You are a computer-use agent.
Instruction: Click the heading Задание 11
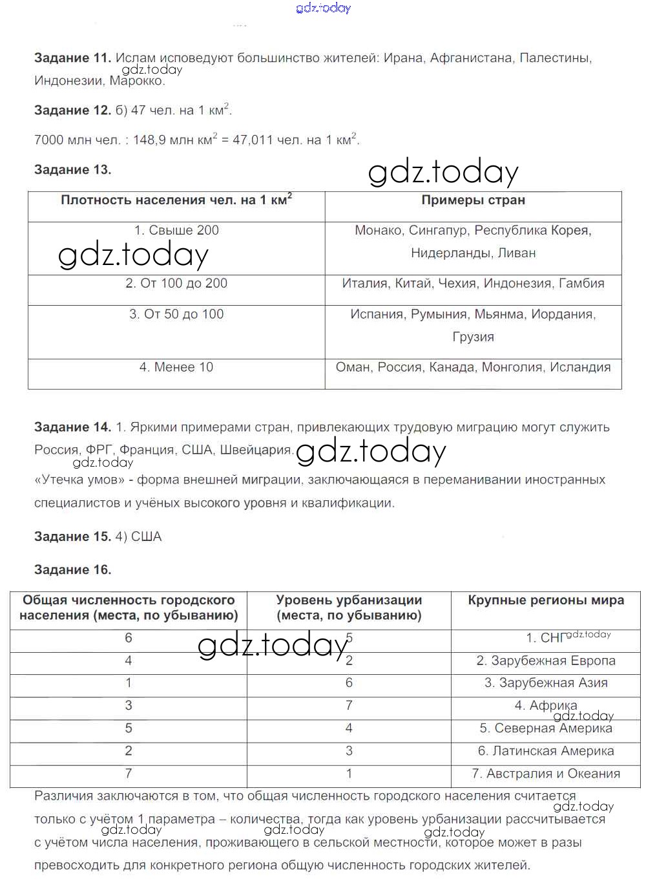72,58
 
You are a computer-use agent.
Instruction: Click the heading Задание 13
72,170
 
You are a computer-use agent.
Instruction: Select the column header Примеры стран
473,200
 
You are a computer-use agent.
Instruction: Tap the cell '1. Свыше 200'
176,231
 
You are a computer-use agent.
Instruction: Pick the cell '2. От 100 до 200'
176,284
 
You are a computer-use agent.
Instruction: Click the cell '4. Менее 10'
176,368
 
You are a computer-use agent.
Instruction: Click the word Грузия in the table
473,337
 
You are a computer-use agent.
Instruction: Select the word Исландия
580,368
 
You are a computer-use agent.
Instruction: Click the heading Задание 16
72,570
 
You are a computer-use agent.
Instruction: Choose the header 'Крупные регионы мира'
546,600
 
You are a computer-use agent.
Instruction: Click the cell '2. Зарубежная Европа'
546,661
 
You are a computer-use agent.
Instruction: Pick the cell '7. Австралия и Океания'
546,774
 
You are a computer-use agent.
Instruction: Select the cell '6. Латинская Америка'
546,752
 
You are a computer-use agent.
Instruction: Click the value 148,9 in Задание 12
150,140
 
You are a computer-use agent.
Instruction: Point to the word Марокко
137,81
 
